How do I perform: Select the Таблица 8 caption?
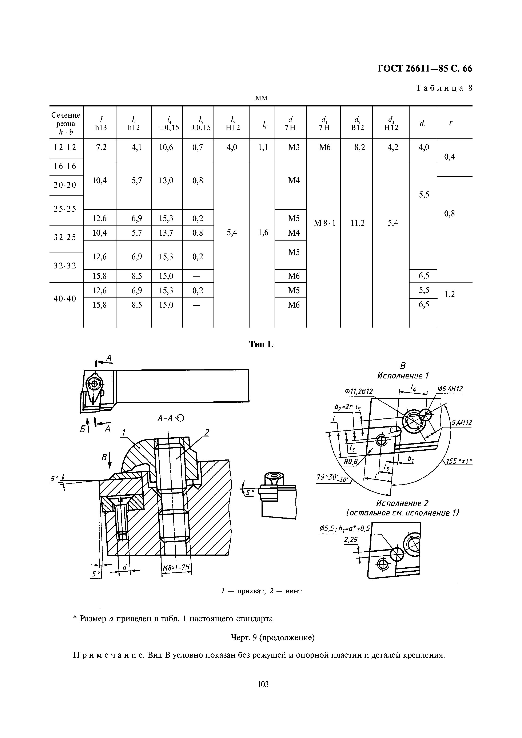pyautogui.click(x=444, y=88)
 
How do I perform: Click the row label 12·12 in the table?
pyautogui.click(x=65, y=147)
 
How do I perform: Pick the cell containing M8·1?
pyautogui.click(x=324, y=223)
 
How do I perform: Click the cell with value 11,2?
pyautogui.click(x=358, y=223)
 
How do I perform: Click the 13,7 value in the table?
pyautogui.click(x=166, y=233)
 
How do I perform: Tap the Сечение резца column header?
pyautogui.click(x=66, y=123)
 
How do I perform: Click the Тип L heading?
pyautogui.click(x=261, y=345)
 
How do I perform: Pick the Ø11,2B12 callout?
pyautogui.click(x=359, y=391)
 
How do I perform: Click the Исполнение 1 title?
pyautogui.click(x=403, y=376)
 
